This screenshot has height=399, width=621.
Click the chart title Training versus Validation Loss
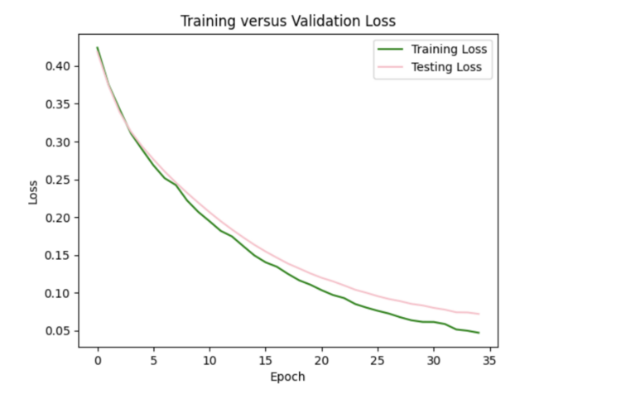tap(288, 21)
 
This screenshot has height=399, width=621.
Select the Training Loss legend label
tap(450, 49)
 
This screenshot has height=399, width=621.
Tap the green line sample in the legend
tap(388, 49)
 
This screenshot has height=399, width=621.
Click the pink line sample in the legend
tap(388, 67)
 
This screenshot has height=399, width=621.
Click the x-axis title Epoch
tap(288, 377)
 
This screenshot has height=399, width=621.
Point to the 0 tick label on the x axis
tap(98, 361)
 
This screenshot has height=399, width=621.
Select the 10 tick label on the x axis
tap(209, 361)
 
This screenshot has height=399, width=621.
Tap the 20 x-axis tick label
tap(321, 361)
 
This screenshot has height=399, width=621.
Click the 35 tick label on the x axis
tap(489, 361)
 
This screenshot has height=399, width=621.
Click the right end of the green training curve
tap(478, 333)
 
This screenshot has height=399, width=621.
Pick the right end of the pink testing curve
tap(478, 314)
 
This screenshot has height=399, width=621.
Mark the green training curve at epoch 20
tap(321, 289)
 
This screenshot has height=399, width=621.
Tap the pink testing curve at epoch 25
tap(378, 296)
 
